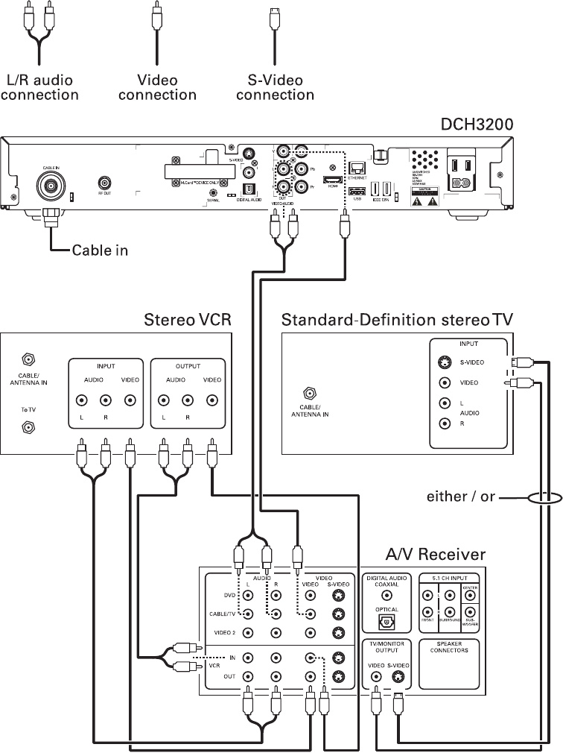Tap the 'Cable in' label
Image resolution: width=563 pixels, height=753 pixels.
(100, 250)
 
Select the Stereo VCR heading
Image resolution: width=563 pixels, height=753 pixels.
(188, 321)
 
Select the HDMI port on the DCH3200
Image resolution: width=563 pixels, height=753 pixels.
(333, 180)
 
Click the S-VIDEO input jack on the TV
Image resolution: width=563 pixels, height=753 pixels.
(445, 364)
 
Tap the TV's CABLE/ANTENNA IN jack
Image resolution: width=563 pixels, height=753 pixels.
(308, 393)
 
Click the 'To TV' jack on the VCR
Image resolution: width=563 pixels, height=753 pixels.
(29, 427)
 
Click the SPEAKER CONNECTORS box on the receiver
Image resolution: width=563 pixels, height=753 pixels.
(449, 664)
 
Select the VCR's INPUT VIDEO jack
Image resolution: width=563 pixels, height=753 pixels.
(131, 400)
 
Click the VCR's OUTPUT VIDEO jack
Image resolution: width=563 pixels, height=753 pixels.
(212, 400)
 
